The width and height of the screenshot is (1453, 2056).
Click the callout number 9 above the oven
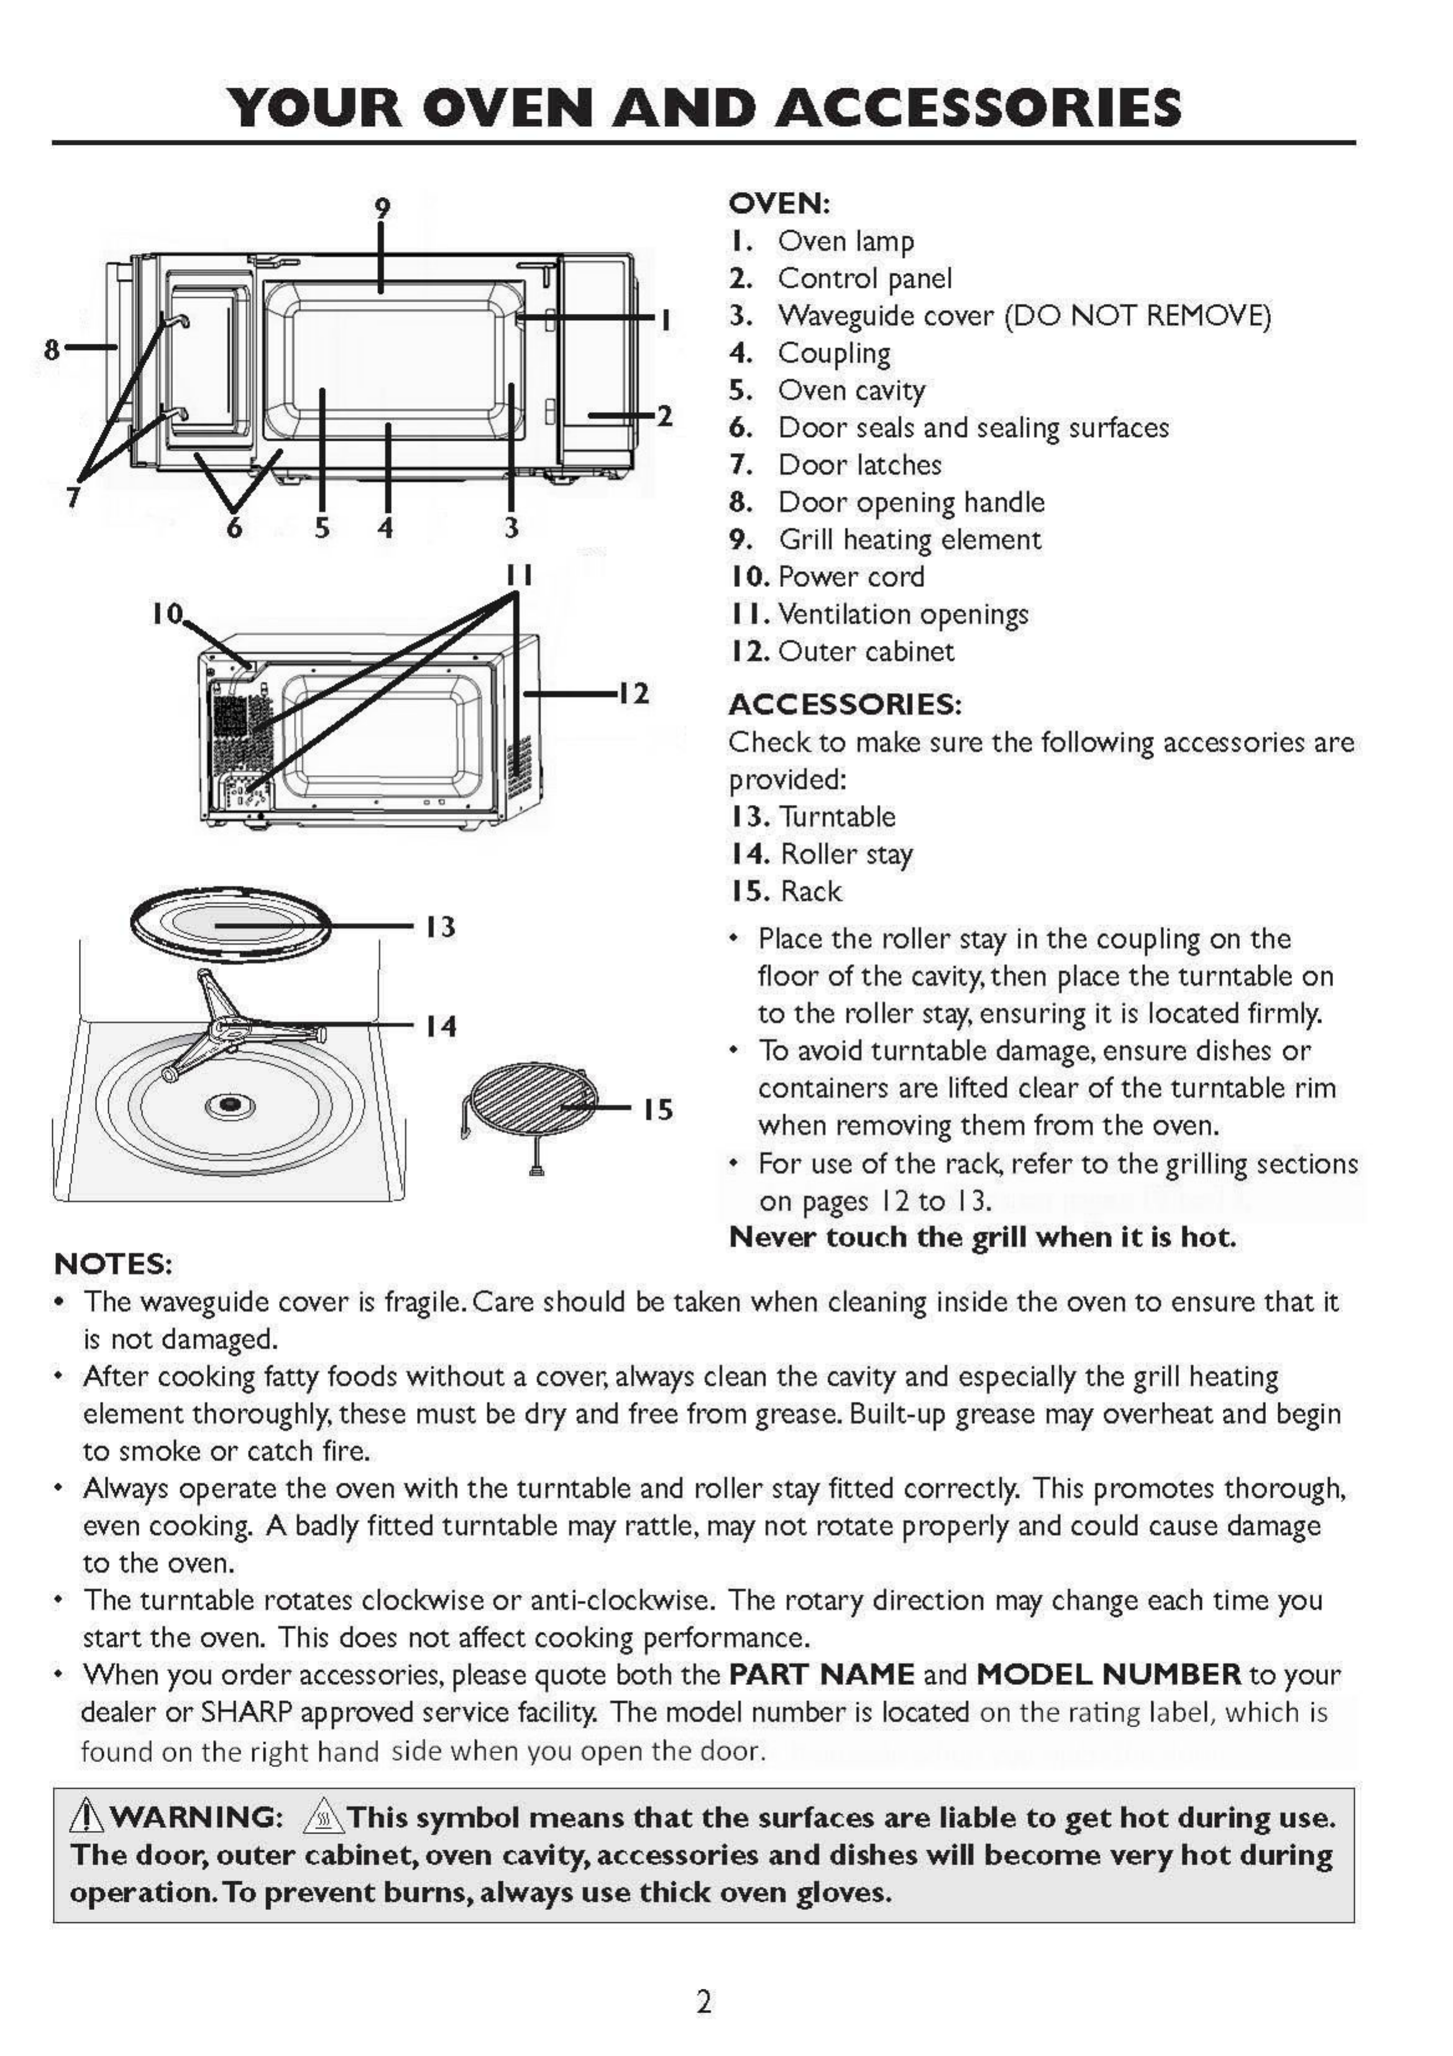coord(382,209)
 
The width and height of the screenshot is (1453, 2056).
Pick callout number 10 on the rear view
coord(167,613)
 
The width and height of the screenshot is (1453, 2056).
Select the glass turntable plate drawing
coord(229,924)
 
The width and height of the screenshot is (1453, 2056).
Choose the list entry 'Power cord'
coord(851,577)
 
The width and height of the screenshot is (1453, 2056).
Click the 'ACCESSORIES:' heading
coord(844,705)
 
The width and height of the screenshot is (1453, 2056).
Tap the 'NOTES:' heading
coord(113,1264)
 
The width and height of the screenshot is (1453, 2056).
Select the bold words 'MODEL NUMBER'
coord(1107,1674)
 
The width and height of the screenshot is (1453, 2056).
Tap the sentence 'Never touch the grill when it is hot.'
coord(982,1237)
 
